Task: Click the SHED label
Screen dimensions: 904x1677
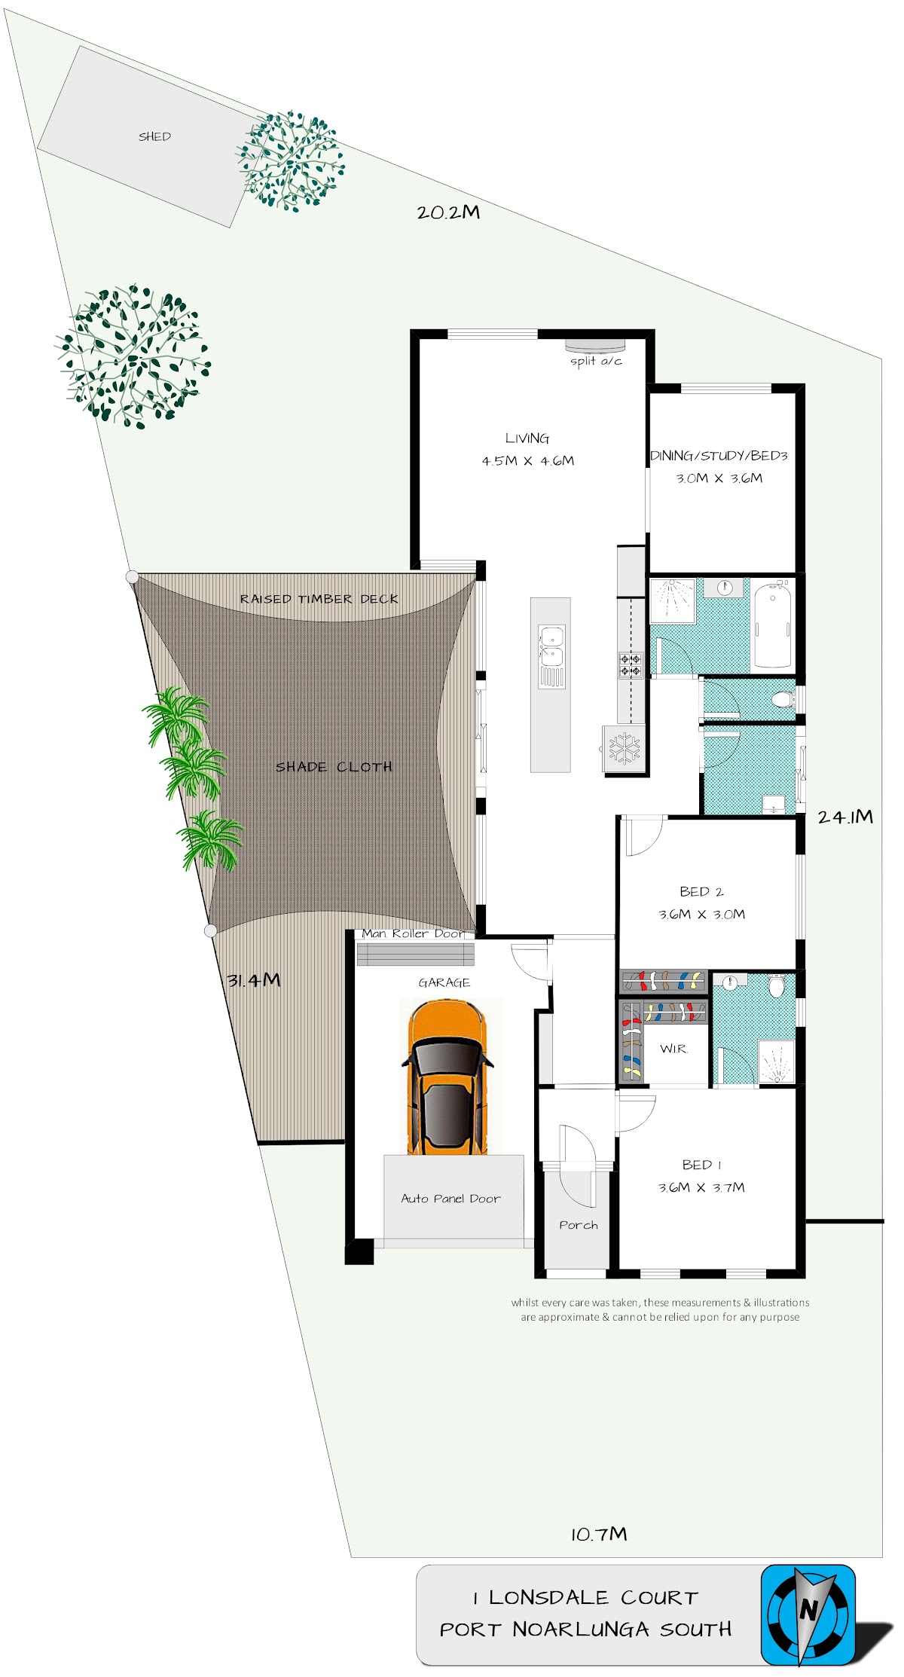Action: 154,136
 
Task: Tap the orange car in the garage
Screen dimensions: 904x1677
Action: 447,1077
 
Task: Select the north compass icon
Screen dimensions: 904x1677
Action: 808,1614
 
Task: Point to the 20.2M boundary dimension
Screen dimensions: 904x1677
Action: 448,212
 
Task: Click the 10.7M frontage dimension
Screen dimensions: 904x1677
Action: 599,1534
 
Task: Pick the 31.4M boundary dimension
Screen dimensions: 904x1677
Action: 254,979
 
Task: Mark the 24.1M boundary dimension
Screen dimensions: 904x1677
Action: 845,817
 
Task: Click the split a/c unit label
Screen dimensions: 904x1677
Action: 596,361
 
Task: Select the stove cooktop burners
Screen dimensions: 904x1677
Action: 631,664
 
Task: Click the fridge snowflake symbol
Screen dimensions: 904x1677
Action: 625,748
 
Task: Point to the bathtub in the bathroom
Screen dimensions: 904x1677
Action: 772,625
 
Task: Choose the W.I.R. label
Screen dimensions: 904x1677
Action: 673,1048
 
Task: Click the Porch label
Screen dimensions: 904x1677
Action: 579,1225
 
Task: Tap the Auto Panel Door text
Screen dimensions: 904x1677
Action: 450,1198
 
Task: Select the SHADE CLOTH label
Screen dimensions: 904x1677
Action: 334,767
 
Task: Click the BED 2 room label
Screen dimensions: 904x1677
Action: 701,891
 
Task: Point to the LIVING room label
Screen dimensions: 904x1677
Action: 527,438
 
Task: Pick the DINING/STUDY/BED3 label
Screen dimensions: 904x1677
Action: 719,456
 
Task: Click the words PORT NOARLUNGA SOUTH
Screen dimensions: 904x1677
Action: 585,1629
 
